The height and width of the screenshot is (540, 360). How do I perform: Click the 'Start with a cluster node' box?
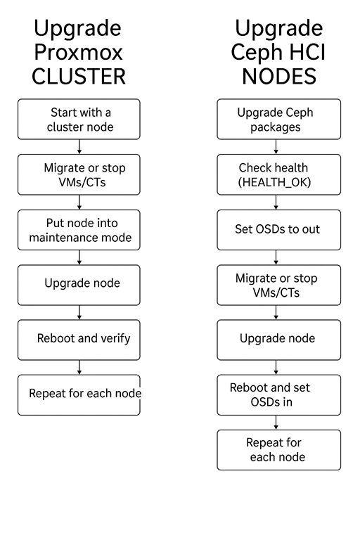tap(79, 120)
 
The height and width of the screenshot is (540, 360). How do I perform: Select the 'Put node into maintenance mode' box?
tap(79, 230)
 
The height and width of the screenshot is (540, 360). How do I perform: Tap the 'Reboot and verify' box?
tap(79, 340)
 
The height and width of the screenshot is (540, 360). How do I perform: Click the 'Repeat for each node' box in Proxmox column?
tap(79, 394)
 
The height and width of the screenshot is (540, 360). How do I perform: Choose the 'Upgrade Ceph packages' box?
tap(278, 120)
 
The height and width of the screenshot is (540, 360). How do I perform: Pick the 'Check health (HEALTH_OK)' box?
tap(278, 174)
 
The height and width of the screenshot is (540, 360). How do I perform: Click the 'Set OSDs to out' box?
tap(278, 230)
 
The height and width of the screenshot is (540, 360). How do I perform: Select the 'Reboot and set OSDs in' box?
tap(278, 394)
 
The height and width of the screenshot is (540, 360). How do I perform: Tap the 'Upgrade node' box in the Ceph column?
tap(278, 340)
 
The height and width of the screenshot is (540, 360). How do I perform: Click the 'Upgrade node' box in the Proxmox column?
tap(79, 285)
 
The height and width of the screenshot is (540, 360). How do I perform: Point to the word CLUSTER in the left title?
tap(79, 76)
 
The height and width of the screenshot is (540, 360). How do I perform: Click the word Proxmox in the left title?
tap(79, 52)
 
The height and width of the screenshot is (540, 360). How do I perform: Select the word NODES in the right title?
tap(278, 76)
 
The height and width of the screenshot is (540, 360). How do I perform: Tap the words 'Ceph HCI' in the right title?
tap(278, 52)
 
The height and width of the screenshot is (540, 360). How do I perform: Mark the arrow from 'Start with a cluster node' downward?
tap(79, 147)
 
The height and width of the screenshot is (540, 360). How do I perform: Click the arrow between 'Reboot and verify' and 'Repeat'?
tap(79, 367)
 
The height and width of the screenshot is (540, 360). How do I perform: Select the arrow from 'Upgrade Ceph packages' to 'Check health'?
tap(276, 147)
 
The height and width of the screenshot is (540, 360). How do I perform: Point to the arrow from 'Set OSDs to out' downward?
tap(276, 257)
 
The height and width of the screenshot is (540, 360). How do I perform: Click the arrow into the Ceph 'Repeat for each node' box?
tap(276, 422)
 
